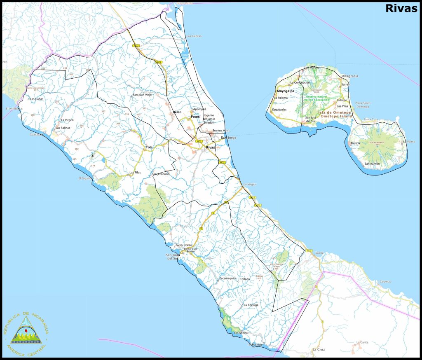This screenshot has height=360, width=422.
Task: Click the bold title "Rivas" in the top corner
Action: tap(401, 9)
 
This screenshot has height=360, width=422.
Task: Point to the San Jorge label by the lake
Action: tap(229, 138)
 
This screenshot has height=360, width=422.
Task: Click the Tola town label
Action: tap(149, 147)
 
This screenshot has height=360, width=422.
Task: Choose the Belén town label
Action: tap(177, 112)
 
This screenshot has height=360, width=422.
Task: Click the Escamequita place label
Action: tap(228, 278)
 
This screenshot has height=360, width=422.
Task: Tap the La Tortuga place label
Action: tap(251, 305)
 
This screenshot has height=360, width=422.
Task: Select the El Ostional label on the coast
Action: tap(241, 333)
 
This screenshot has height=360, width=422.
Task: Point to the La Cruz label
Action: tap(319, 349)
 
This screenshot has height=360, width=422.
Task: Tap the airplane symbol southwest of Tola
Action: tap(93, 156)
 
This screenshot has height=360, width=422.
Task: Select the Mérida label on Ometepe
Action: tap(355, 143)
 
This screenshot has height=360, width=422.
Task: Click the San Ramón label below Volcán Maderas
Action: tap(372, 164)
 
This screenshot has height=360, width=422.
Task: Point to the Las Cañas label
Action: tap(37, 99)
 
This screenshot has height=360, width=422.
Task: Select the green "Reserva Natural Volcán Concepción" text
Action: tap(316, 98)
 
